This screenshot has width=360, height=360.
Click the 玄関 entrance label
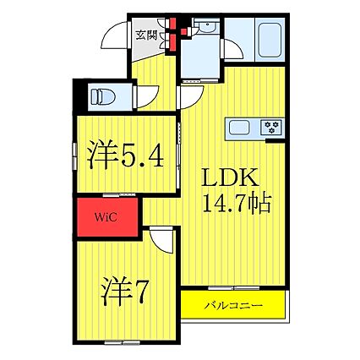coord(146,35)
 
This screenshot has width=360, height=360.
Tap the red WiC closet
coord(107,217)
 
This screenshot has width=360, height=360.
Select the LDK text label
coord(231,177)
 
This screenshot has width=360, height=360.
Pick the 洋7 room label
coord(124,292)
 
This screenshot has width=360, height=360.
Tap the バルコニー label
coord(233,305)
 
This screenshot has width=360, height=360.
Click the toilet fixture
coord(103,97)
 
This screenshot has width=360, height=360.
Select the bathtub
coord(270,40)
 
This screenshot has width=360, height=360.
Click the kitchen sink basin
coord(239,128)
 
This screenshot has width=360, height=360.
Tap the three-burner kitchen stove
coord(271,127)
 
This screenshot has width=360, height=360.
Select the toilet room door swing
coord(146,96)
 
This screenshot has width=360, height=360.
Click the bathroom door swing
coord(232,50)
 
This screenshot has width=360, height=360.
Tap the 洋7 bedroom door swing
coord(161,239)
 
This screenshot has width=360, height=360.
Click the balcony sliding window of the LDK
coord(233,288)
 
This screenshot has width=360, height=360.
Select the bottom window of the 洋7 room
coord(122,342)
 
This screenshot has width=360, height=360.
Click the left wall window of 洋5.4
coord(74,156)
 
